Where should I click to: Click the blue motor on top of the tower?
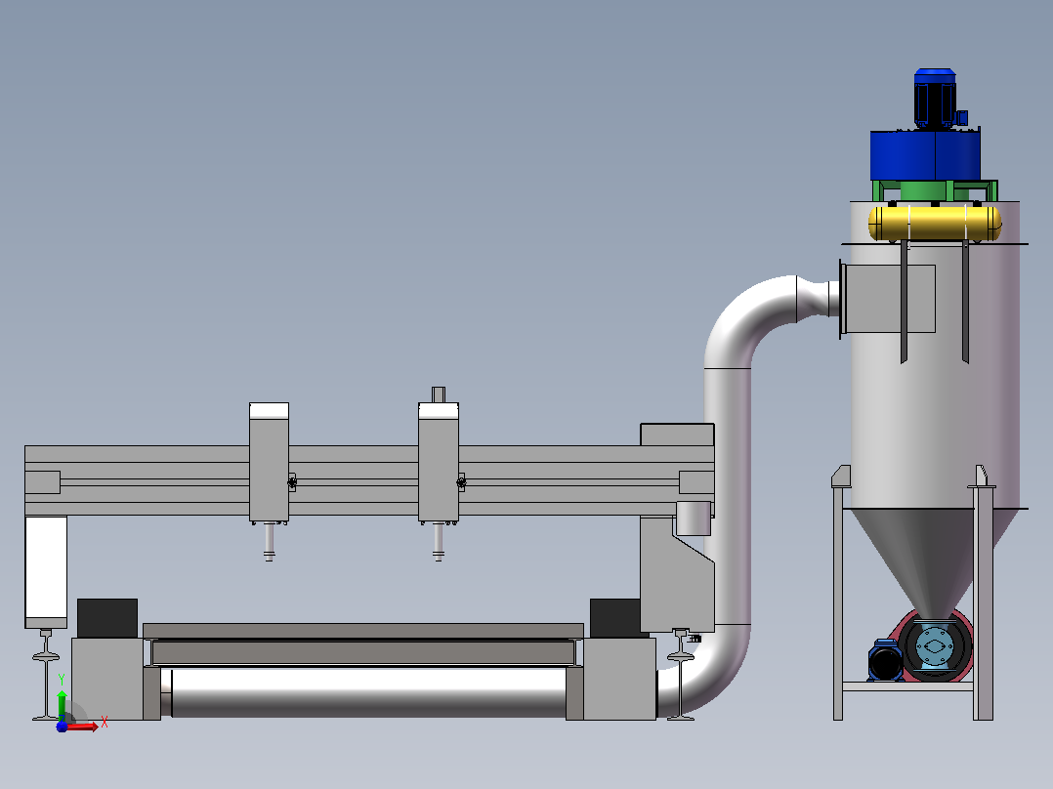click(936, 98)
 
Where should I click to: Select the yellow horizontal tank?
click(935, 223)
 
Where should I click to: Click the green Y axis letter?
click(62, 680)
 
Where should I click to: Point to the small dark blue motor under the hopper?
click(884, 661)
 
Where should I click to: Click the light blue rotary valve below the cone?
click(934, 646)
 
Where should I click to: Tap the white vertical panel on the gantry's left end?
click(46, 568)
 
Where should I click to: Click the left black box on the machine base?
click(107, 618)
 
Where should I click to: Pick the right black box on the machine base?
click(614, 618)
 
